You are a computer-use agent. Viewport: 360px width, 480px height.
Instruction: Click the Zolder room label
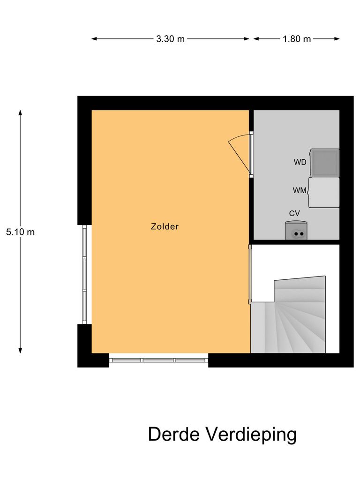pos(165,226)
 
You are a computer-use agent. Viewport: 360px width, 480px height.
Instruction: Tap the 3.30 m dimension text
pos(170,39)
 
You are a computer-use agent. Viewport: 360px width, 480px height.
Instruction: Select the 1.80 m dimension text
pos(296,39)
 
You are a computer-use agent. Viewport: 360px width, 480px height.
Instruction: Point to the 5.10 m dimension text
pos(20,232)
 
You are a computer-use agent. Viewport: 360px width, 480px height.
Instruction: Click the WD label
pos(300,163)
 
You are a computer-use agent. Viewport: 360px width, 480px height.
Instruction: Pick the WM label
pos(300,190)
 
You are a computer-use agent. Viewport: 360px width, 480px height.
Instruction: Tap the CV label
pos(294,213)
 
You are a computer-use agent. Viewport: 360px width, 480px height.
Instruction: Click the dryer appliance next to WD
pos(324,163)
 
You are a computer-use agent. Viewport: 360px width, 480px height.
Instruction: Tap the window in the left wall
pos(85,274)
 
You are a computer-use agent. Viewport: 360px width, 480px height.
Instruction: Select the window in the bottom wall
pos(158,360)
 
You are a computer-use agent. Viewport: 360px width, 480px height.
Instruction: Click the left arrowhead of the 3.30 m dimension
pos(93,39)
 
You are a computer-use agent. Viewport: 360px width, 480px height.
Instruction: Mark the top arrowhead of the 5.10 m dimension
pos(20,112)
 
